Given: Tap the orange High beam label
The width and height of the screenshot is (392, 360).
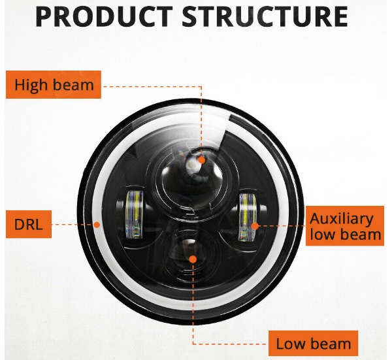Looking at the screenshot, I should coord(54,85).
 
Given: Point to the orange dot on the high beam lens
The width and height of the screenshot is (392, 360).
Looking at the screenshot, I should coord(202,159).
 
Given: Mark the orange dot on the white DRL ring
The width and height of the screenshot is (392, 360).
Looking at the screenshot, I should coord(97,224).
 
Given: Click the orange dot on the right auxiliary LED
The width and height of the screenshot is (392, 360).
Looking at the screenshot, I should coord(255,225).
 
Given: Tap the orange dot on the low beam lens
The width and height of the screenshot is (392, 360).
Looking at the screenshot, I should coord(193,259).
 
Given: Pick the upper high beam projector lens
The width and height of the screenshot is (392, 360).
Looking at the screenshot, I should coord(189,170).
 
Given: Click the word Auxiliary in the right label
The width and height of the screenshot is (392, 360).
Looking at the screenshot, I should coord(342,218).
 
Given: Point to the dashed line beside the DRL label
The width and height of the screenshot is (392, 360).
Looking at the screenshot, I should coord(72,225).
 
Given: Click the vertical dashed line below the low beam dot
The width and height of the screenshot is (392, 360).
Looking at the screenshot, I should coord(193,307).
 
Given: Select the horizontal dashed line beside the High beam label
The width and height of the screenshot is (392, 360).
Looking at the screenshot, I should coord(150,85).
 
